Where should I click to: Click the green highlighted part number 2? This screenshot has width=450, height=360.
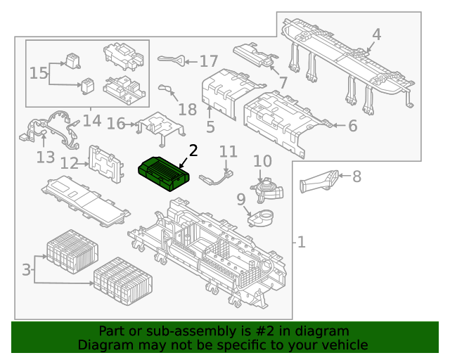coord(163,171)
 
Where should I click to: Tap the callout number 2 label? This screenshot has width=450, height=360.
coord(193,150)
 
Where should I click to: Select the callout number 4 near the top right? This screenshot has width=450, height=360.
coord(376,34)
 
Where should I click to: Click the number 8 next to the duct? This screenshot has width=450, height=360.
coord(356,176)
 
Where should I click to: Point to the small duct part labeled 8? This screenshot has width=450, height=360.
coord(319,181)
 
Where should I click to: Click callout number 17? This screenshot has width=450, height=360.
coord(209,61)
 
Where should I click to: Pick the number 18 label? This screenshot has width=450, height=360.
coord(187,109)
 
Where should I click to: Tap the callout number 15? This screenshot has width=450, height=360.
coord(39,72)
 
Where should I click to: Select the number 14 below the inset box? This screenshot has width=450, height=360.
coord(92,121)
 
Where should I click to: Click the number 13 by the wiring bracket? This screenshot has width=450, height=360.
coord(46,157)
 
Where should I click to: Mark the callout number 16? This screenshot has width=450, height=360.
coord(116,124)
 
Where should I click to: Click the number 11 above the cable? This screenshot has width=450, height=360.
coord(229,152)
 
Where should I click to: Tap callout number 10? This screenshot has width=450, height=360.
coord(262,162)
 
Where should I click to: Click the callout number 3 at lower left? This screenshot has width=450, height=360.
coord(27,269)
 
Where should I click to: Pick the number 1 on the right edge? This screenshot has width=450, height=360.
coord(301,243)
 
